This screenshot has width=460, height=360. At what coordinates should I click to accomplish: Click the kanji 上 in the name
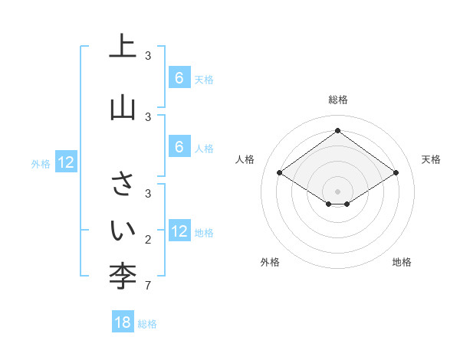click(x=123, y=47)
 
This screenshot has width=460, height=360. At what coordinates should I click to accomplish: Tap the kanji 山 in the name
click(x=123, y=107)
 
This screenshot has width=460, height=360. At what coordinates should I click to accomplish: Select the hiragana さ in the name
click(x=123, y=184)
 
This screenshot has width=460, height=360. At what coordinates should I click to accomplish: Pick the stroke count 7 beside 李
click(x=148, y=286)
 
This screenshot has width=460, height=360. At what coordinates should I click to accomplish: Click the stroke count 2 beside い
click(x=148, y=240)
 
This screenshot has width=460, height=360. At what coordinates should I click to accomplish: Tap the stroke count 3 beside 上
click(x=148, y=56)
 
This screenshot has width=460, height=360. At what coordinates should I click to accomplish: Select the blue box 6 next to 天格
click(x=179, y=77)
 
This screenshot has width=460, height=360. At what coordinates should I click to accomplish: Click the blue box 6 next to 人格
click(x=179, y=146)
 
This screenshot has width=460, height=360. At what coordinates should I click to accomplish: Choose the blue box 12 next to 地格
click(x=179, y=231)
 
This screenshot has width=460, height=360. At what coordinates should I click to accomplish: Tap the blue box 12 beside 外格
click(x=65, y=162)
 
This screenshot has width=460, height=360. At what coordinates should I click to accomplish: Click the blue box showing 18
click(x=123, y=322)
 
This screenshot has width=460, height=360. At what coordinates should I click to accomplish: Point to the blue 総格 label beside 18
click(x=147, y=324)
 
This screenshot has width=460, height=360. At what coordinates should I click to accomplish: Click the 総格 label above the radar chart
click(x=338, y=100)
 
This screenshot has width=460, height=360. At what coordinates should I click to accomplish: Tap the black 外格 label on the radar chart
click(x=270, y=262)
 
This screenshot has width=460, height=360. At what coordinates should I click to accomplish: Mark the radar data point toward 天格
click(x=396, y=173)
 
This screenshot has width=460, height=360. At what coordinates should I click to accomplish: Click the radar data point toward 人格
click(x=280, y=173)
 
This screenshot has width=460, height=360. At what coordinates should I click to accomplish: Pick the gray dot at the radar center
click(x=338, y=191)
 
